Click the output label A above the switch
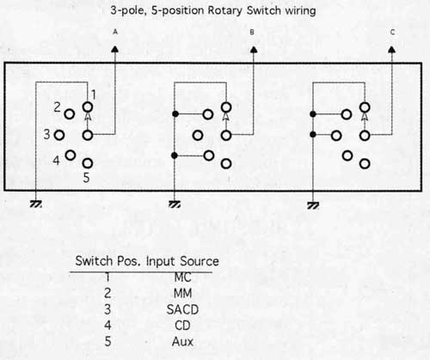pos(115,32)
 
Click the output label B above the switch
pos(252,32)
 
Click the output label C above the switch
pos(393,32)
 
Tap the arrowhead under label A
pos(115,49)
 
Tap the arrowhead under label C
pos(392,50)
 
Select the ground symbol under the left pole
pos(36,204)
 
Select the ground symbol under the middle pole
pos(175,204)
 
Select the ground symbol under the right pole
pos(313,205)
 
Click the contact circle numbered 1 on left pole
pos(88,107)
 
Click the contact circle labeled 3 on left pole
pos(59,135)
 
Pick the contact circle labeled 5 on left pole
pos(88,163)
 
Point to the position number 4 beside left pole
pos(56,160)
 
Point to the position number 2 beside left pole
pos(57,107)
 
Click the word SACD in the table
pos(182,309)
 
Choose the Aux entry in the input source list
pos(182,341)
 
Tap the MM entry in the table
pos(182,293)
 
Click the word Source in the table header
pos(200,261)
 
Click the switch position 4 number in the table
pos(107,326)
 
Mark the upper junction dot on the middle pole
pos(175,114)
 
